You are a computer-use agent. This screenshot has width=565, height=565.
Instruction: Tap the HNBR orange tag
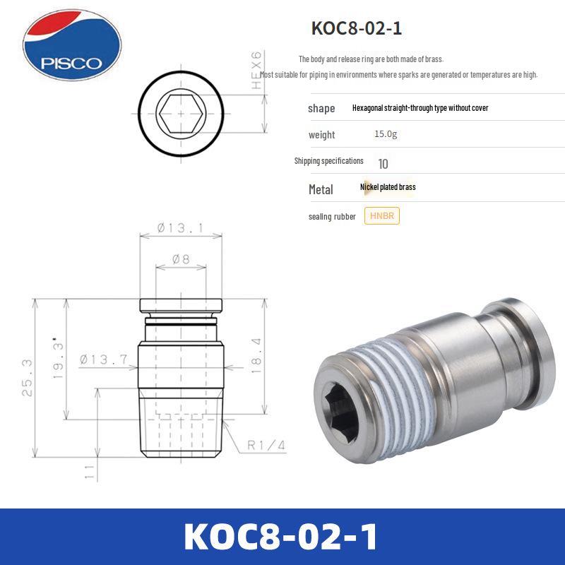[382, 216]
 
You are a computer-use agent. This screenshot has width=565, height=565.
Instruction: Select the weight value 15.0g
[386, 134]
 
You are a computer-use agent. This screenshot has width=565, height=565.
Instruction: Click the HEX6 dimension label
[257, 70]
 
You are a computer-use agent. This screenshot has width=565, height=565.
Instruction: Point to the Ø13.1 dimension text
[180, 227]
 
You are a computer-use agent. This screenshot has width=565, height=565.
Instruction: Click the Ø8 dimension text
[182, 259]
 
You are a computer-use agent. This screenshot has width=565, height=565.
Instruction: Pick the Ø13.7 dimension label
[104, 359]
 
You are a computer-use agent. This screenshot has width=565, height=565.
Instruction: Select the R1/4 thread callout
[266, 446]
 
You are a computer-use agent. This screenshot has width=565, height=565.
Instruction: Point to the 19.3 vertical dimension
[59, 357]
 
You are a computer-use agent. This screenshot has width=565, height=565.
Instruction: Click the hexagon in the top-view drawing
[182, 112]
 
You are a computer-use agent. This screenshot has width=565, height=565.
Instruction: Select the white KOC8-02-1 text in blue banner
[281, 537]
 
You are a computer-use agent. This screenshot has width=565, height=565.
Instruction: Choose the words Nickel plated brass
[388, 187]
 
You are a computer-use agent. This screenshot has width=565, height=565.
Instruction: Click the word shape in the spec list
[321, 108]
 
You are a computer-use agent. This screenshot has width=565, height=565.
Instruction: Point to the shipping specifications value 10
[383, 164]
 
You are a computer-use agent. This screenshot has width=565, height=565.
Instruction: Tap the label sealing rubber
[332, 217]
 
